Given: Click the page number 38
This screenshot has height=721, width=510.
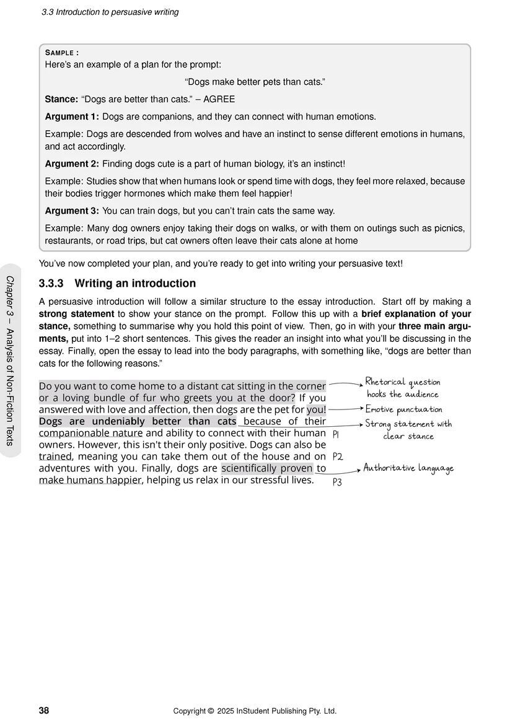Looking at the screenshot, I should (44, 710).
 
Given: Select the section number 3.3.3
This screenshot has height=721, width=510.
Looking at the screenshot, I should (51, 284).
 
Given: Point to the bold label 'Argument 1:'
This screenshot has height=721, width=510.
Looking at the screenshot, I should (72, 116).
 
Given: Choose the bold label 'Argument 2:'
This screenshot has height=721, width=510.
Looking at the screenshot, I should (72, 164).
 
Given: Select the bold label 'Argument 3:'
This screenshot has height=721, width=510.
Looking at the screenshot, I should (72, 211).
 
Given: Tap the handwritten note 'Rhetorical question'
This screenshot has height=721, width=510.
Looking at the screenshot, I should (403, 382).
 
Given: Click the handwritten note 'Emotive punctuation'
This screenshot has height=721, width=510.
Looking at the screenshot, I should (403, 409).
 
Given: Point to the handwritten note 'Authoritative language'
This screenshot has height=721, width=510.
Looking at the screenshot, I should (408, 468).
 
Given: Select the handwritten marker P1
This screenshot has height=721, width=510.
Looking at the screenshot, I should (336, 435).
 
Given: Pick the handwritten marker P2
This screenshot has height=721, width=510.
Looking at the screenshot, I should (338, 457).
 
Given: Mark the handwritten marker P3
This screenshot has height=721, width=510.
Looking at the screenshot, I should (337, 482).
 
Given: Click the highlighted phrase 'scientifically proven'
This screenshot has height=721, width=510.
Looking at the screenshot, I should (267, 468).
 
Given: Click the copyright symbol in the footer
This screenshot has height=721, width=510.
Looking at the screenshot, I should (211, 710).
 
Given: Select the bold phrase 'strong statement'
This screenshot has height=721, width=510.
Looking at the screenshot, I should (73, 313).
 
